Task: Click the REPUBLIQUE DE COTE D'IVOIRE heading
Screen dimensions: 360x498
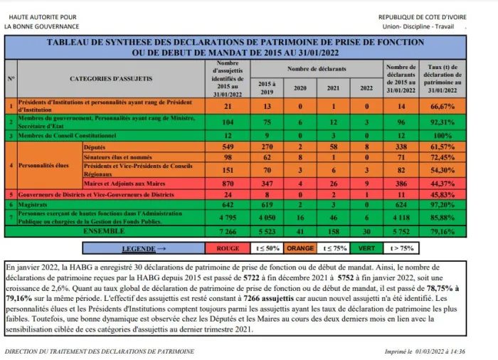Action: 422,17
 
